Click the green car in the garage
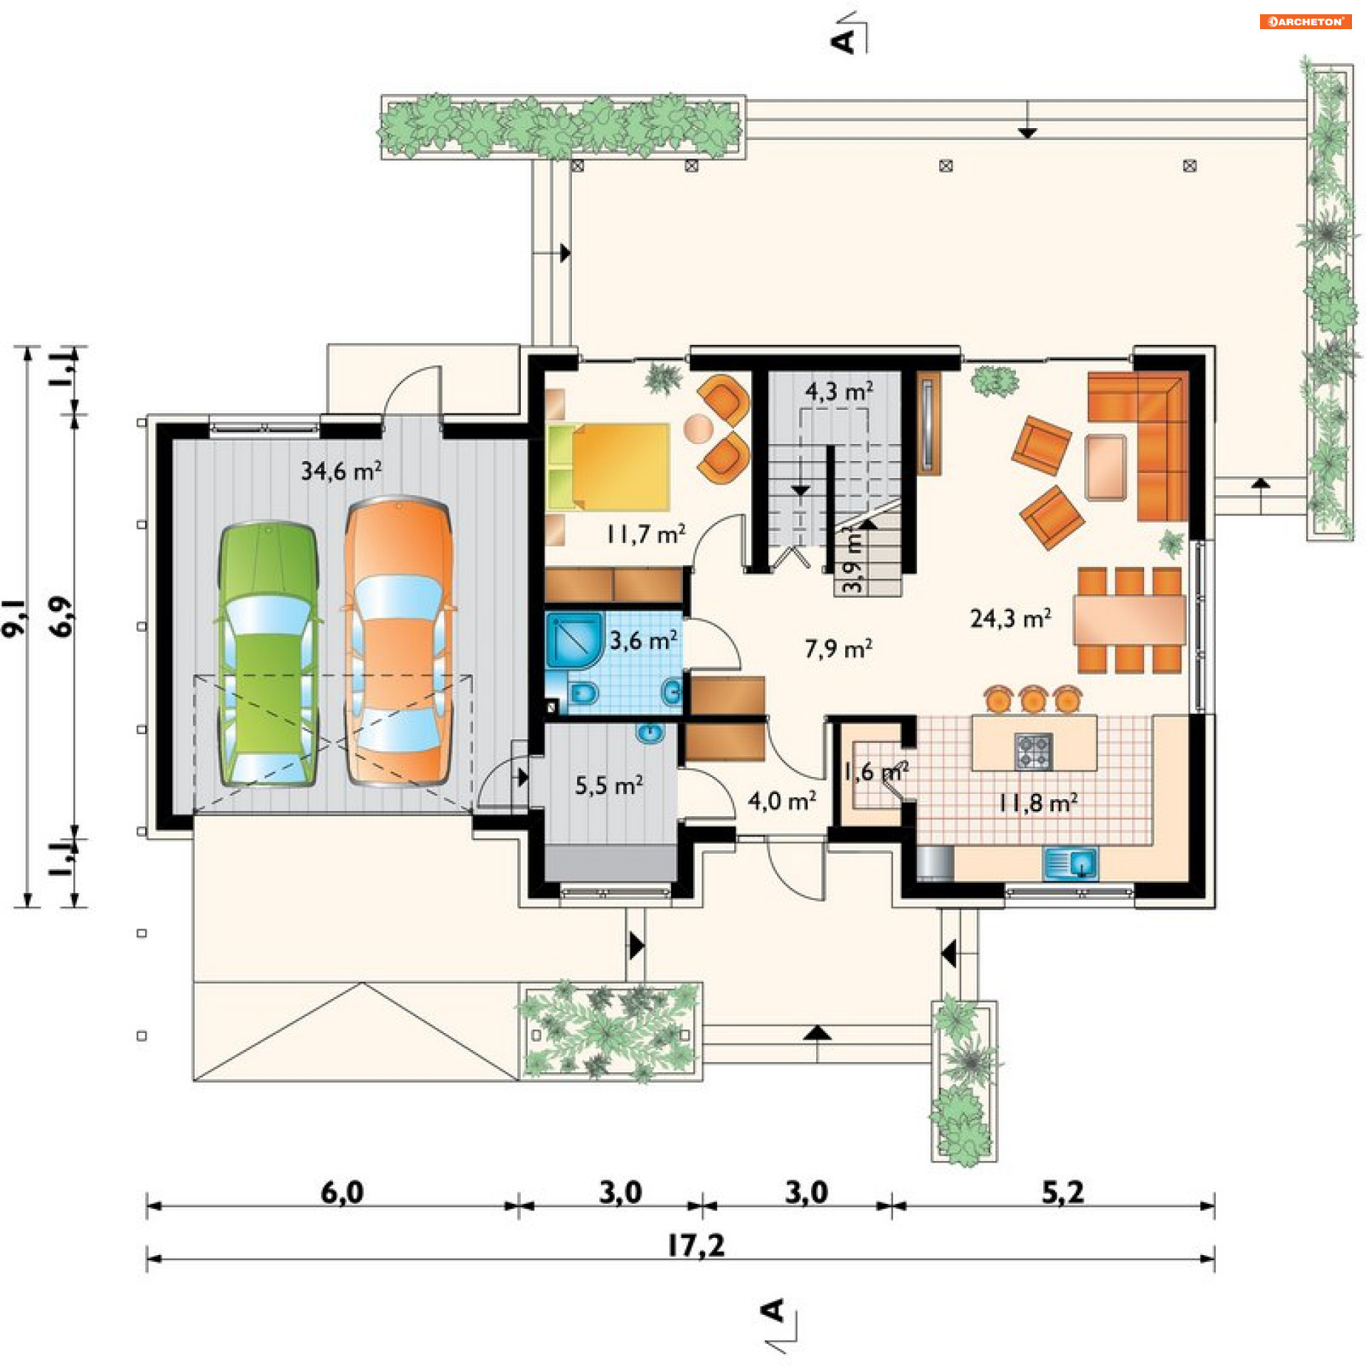(268, 655)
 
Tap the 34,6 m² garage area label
(341, 470)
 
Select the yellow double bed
(608, 467)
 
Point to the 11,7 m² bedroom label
(646, 534)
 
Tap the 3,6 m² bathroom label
(643, 640)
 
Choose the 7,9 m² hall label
(839, 648)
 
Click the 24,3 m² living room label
(1011, 618)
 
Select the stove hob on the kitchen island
(1034, 751)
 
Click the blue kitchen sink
(1070, 864)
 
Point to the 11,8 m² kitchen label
(1038, 803)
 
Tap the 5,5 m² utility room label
(609, 785)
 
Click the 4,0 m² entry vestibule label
(782, 801)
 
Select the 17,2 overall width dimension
(696, 1245)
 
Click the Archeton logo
(1305, 21)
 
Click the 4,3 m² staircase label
(840, 391)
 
